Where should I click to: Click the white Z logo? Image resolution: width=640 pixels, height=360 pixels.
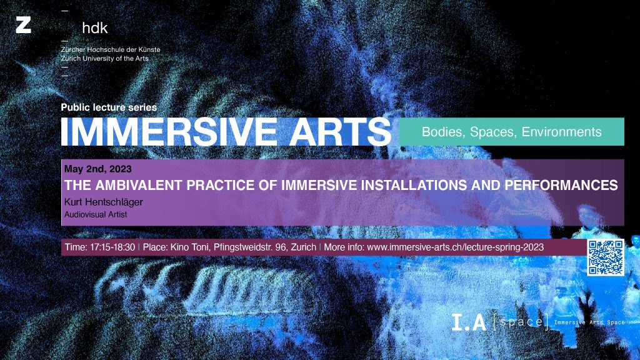(x=23, y=25)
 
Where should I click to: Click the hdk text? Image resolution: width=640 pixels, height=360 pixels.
(x=95, y=27)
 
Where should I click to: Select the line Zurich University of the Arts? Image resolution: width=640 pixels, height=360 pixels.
(x=104, y=58)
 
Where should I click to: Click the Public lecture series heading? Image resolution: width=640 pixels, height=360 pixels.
(x=109, y=107)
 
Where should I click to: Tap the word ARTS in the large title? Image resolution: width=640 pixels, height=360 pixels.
(x=341, y=132)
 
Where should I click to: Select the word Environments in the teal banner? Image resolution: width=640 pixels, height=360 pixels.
(x=561, y=132)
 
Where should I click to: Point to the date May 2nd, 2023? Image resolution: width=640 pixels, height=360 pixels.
(x=98, y=169)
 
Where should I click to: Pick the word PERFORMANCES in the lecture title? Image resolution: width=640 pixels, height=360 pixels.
(x=561, y=185)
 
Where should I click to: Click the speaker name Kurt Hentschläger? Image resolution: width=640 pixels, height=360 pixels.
(x=104, y=202)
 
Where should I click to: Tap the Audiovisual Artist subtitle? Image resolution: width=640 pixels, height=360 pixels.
(x=96, y=214)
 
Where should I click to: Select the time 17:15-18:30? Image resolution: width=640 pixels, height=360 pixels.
(x=112, y=247)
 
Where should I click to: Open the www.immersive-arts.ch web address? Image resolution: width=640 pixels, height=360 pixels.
(x=455, y=247)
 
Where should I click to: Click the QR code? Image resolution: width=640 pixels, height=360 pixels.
(x=606, y=257)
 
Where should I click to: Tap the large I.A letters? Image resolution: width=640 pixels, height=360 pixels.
(x=469, y=322)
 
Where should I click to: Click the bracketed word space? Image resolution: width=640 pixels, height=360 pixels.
(x=521, y=322)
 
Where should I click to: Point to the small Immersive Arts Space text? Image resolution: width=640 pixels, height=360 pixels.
(x=589, y=322)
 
